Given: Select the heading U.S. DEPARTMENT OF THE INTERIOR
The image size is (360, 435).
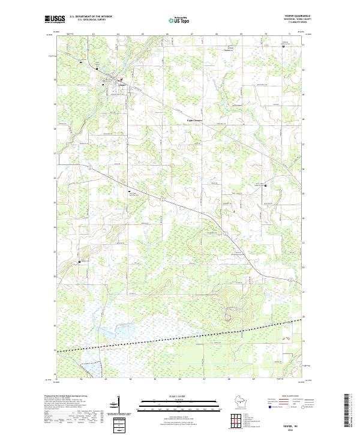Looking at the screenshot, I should point(91,16).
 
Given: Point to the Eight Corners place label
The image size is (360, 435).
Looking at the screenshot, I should point(189,118).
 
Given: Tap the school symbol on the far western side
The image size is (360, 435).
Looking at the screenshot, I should point(79,262).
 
